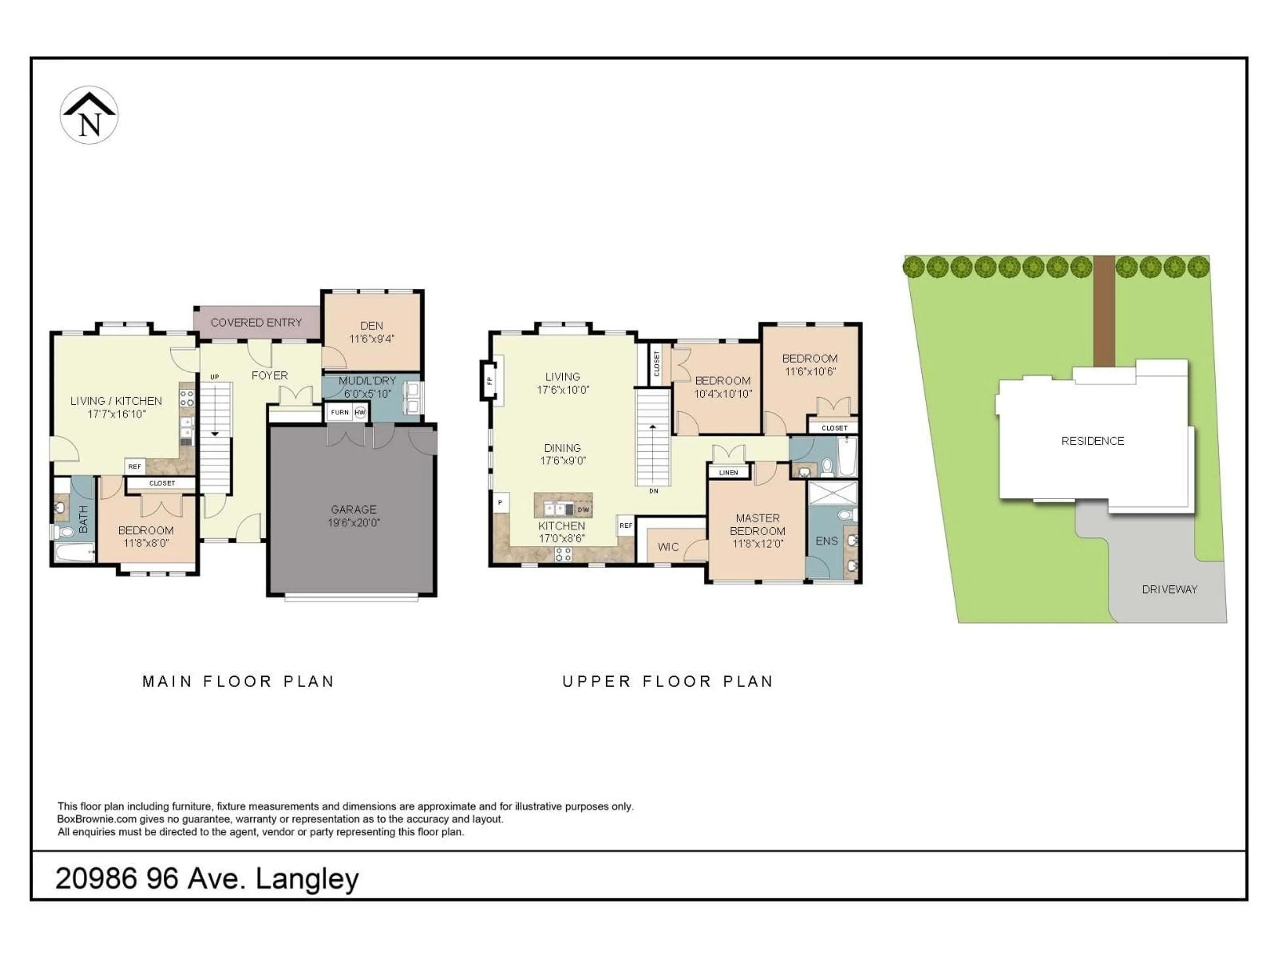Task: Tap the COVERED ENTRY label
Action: [256, 323]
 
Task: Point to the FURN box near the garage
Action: [340, 412]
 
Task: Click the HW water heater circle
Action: [360, 412]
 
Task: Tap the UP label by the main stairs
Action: [215, 377]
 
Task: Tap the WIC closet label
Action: [668, 547]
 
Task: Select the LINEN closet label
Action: [729, 472]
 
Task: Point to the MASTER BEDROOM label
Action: [758, 524]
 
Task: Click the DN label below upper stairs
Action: [653, 491]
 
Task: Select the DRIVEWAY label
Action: [1170, 589]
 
